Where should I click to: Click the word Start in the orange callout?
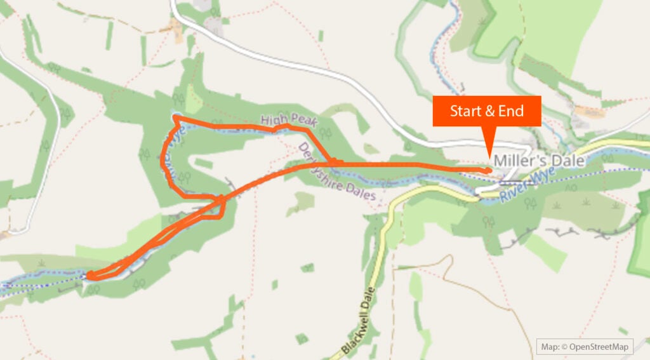465,111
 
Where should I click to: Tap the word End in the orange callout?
511,111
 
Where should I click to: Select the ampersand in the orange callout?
489,111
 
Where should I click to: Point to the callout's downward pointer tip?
489,154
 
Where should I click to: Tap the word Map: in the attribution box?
549,347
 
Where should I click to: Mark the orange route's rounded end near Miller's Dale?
489,170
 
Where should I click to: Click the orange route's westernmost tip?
87,275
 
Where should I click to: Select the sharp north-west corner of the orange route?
175,117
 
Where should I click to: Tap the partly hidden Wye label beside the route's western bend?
170,135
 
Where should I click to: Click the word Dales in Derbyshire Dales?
362,190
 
